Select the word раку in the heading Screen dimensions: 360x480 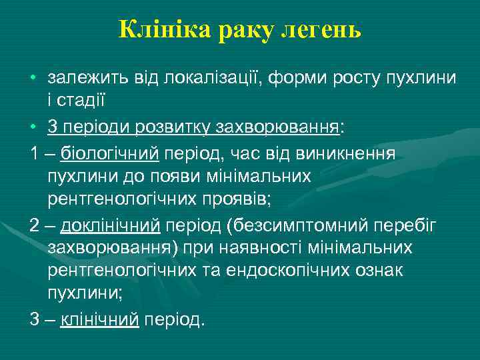pos(246,30)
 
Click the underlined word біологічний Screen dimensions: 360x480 pos(110,154)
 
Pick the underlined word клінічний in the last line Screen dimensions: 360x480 pos(100,319)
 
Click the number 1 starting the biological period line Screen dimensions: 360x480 pos(34,154)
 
